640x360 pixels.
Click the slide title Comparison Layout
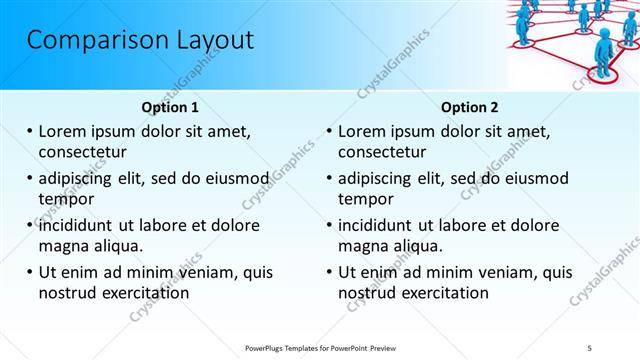click(140, 41)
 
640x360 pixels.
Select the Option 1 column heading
click(170, 107)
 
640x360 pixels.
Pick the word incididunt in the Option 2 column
click(382, 225)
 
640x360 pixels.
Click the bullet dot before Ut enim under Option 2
click(330, 272)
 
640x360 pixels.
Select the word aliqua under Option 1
click(118, 246)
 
